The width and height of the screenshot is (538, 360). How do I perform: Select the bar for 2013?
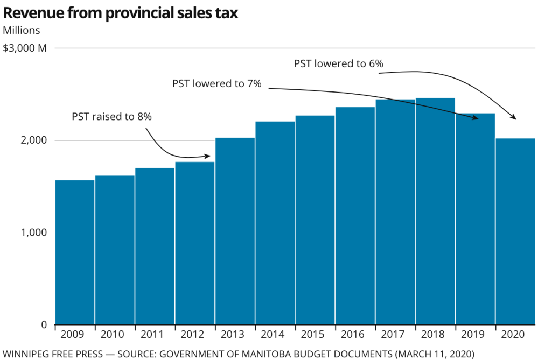click(235, 231)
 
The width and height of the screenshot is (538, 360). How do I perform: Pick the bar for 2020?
click(515, 231)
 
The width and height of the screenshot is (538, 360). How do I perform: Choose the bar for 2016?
click(355, 215)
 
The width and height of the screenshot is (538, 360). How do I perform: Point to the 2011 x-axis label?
click(155, 335)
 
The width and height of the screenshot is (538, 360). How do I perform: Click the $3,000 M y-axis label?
click(25, 48)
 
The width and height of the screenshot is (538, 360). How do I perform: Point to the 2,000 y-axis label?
click(36, 140)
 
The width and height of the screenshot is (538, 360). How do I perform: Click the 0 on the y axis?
click(45, 324)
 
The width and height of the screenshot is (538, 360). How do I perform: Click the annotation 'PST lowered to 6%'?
click(338, 63)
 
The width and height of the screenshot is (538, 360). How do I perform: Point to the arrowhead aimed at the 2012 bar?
click(208, 156)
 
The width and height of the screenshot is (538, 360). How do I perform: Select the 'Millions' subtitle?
click(22, 30)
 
